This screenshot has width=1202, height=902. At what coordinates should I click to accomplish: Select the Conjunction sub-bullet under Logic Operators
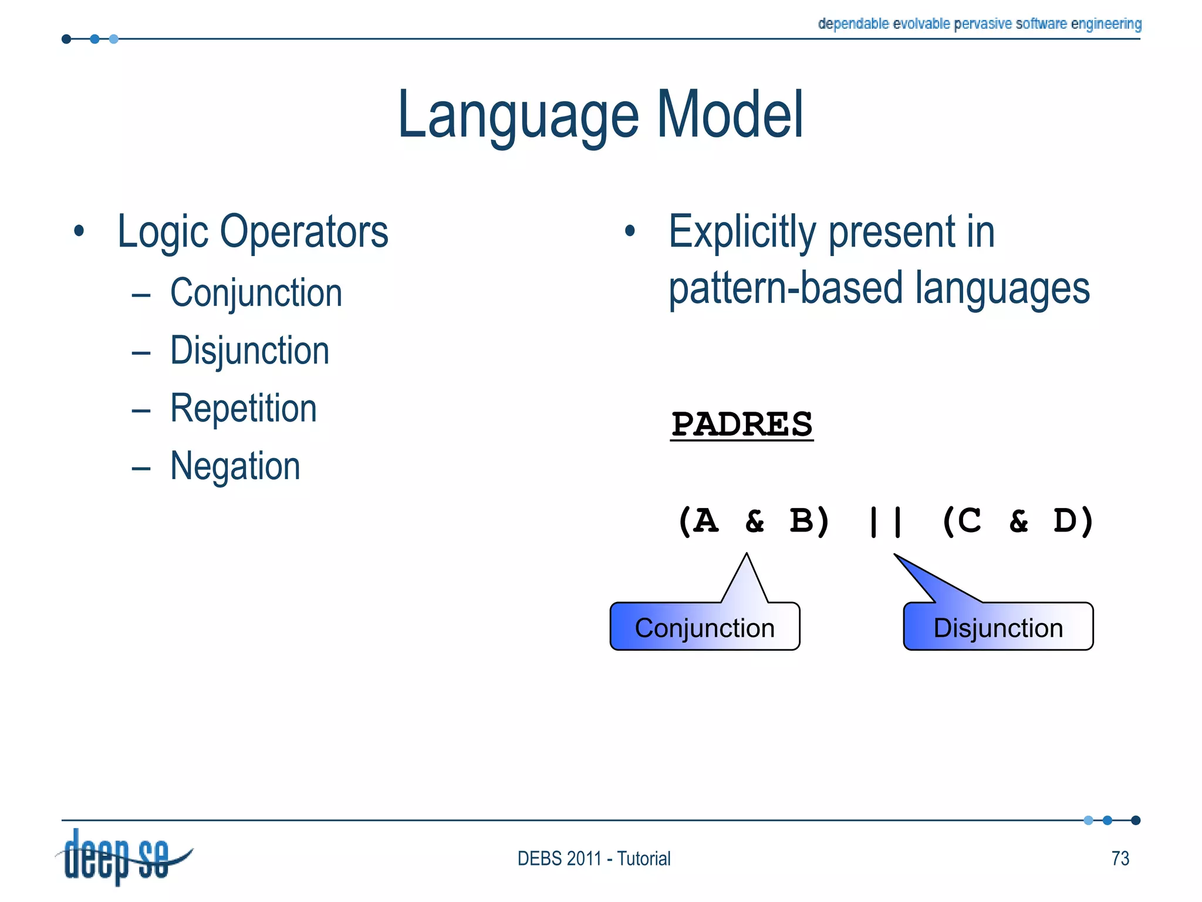[x=256, y=292]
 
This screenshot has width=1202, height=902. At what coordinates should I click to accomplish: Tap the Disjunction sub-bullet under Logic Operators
[x=249, y=351]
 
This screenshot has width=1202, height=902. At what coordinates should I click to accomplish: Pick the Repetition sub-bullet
[x=243, y=408]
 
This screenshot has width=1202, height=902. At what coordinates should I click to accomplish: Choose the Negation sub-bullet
[x=235, y=466]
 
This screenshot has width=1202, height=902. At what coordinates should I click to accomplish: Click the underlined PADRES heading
[x=742, y=424]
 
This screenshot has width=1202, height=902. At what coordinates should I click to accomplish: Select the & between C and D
[x=1019, y=521]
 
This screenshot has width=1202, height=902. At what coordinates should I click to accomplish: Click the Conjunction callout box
[x=704, y=627]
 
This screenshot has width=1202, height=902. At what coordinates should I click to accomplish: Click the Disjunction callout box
[x=998, y=627]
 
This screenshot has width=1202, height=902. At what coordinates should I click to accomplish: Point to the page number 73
[x=1120, y=859]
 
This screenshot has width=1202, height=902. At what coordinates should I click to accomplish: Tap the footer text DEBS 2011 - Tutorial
[x=593, y=859]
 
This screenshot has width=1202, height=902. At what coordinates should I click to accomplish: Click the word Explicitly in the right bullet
[x=742, y=232]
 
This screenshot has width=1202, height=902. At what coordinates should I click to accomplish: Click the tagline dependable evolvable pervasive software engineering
[x=979, y=23]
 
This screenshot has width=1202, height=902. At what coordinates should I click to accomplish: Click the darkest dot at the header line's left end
[x=66, y=39]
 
